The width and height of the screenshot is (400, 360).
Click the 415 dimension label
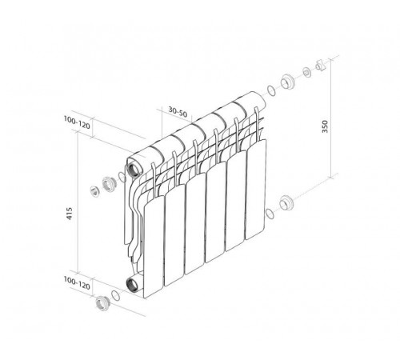[69, 214]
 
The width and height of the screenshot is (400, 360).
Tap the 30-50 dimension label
[178, 112]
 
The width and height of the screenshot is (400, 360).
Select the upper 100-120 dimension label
[77, 122]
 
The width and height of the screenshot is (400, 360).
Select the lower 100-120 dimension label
[77, 283]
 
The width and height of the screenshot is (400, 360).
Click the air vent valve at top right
[321, 65]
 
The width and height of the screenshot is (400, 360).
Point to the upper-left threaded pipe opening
[133, 169]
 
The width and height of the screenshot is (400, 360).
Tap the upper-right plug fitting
[287, 82]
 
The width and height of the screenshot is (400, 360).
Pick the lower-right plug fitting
[286, 202]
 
